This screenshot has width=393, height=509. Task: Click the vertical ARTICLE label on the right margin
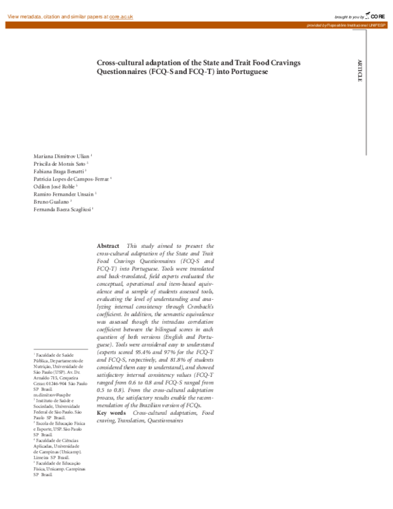click(x=359, y=70)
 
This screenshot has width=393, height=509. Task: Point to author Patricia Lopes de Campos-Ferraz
click(x=72, y=181)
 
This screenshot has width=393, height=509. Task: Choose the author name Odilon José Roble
click(x=58, y=188)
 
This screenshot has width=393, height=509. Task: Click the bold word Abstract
click(x=109, y=245)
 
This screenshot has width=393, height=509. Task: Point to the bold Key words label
click(x=111, y=413)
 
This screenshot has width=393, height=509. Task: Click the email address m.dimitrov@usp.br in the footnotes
click(x=52, y=395)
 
